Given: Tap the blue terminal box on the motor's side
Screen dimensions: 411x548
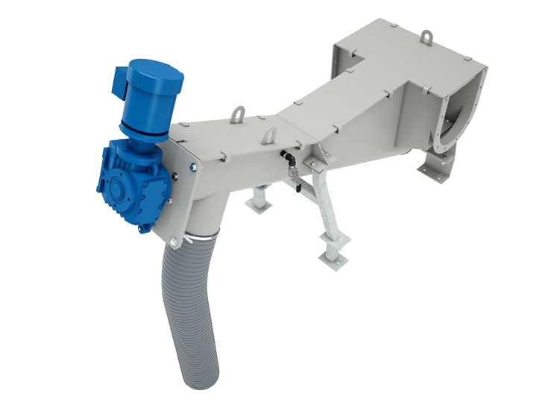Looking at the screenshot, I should point(121,84).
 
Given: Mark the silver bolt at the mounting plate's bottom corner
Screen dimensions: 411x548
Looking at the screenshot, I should point(174,242).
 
